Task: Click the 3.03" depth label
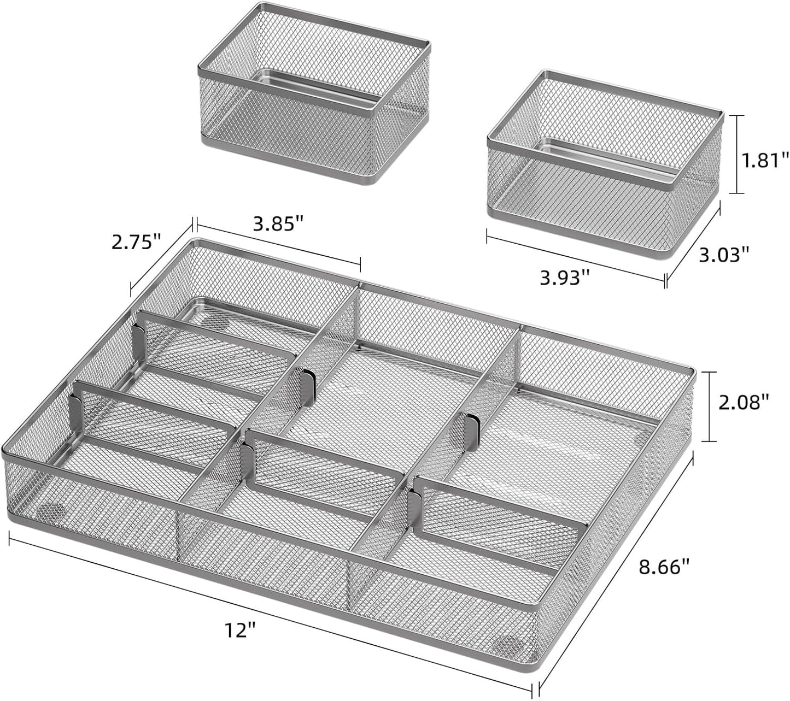[723, 254]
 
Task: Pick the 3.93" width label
[565, 278]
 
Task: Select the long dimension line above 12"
[271, 610]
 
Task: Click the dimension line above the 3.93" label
[575, 258]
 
